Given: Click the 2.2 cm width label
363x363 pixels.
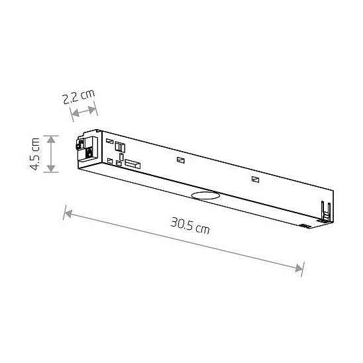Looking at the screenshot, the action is (x=79, y=97).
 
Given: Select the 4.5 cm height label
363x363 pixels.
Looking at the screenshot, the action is (x=36, y=154).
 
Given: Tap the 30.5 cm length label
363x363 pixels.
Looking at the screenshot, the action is (x=190, y=226).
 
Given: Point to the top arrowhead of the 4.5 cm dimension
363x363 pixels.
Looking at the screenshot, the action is (x=51, y=139).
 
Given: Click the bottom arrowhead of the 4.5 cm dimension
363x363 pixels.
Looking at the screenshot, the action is (x=51, y=168).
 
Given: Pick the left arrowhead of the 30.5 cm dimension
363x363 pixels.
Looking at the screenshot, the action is (x=68, y=214).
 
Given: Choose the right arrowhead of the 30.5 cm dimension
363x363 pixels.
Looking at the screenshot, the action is (x=299, y=268).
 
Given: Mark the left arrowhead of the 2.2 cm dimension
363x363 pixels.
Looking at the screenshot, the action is (x=76, y=113).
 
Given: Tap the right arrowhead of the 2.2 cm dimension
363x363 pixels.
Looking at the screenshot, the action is (x=92, y=109).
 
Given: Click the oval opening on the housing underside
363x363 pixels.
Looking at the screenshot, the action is (x=205, y=195).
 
